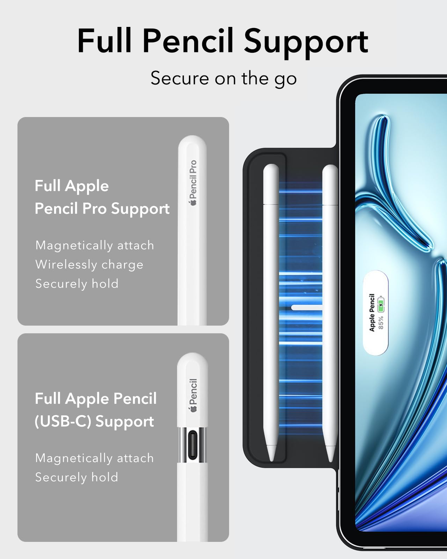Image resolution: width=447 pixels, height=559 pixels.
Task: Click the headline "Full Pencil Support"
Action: pos(223,41)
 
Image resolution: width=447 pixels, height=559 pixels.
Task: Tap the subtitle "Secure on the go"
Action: pos(223,78)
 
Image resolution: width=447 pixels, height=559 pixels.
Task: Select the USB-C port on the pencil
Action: pos(192,445)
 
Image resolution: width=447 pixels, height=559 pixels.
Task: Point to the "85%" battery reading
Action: pos(381,322)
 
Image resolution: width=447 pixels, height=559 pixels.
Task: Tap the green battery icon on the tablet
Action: pos(381,304)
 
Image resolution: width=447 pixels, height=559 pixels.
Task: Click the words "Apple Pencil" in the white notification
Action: pos(372,312)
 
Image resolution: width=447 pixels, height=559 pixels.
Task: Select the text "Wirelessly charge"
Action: pos(89,264)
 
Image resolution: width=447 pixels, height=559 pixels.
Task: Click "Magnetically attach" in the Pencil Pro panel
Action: pos(95,245)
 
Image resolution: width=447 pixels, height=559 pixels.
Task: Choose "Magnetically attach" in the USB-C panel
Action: pos(95,458)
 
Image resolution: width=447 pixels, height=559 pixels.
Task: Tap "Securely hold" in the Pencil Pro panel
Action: pos(77,284)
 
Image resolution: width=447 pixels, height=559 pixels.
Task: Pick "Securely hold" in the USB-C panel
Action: pos(77,477)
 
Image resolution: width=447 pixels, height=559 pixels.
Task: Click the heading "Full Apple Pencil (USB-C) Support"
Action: pos(96,410)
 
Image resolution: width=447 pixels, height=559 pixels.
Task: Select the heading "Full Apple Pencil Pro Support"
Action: pos(102,197)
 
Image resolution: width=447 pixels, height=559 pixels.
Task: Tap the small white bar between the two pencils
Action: pos(307,307)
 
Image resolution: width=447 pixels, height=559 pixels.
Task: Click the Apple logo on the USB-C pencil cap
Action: pos(193,409)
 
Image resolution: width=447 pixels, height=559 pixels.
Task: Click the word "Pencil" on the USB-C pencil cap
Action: pos(193,391)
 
